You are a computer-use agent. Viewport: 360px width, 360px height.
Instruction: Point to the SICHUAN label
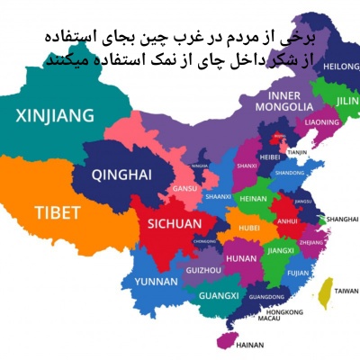click(x=162, y=223)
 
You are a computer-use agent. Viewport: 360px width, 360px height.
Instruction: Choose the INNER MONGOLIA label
click(x=287, y=100)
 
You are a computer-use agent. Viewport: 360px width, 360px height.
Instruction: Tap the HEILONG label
click(x=342, y=66)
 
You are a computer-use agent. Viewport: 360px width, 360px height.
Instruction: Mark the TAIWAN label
click(x=346, y=292)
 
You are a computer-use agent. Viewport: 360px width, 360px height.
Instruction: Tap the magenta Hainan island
click(x=221, y=339)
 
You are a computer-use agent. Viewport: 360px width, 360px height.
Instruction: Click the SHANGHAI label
click(x=343, y=219)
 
